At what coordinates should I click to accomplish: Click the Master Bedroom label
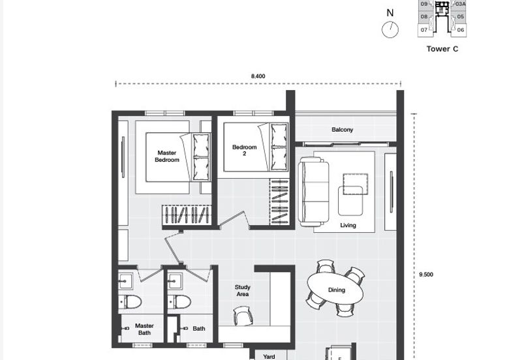pyautogui.click(x=167, y=157)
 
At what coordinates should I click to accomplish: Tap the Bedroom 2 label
pyautogui.click(x=245, y=151)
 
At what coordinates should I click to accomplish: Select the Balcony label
pyautogui.click(x=342, y=130)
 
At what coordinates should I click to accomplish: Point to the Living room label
pyautogui.click(x=348, y=226)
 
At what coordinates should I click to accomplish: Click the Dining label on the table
pyautogui.click(x=337, y=290)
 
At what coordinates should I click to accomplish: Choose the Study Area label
pyautogui.click(x=243, y=291)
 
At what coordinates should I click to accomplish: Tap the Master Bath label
pyautogui.click(x=144, y=329)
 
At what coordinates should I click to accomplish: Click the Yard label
pyautogui.click(x=269, y=356)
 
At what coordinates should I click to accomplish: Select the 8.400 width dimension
pyautogui.click(x=258, y=76)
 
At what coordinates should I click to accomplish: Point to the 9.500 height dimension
pyautogui.click(x=425, y=275)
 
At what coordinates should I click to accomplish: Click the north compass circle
pyautogui.click(x=390, y=30)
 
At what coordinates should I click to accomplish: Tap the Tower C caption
pyautogui.click(x=442, y=49)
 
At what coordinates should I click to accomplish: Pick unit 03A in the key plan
pyautogui.click(x=461, y=4)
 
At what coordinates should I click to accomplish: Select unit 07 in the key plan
pyautogui.click(x=424, y=30)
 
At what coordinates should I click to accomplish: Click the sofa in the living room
pyautogui.click(x=314, y=191)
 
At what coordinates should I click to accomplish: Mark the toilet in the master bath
pyautogui.click(x=131, y=301)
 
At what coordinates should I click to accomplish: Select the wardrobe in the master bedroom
pyautogui.click(x=187, y=215)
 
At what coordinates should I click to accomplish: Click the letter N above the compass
pyautogui.click(x=390, y=12)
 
